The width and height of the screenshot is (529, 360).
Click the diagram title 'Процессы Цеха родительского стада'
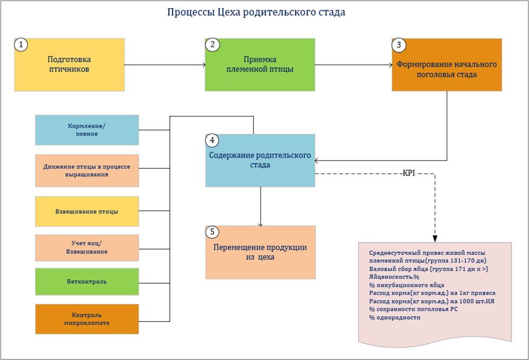click(x=256, y=12)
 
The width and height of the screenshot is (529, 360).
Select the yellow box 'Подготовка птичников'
click(x=69, y=64)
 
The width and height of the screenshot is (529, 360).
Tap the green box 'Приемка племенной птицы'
click(x=260, y=64)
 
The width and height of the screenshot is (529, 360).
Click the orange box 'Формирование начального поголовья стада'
click(x=447, y=69)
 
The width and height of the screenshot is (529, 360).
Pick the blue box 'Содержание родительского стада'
click(x=260, y=160)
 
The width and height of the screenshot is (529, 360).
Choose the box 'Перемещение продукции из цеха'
click(x=260, y=252)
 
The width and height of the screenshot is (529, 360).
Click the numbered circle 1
click(x=21, y=45)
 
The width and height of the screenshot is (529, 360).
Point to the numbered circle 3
click(x=399, y=45)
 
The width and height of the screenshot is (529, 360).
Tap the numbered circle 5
click(x=213, y=232)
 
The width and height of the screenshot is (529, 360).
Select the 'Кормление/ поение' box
click(x=87, y=129)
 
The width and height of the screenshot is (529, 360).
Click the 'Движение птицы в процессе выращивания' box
click(x=87, y=170)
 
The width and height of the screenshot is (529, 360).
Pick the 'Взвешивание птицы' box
click(x=87, y=211)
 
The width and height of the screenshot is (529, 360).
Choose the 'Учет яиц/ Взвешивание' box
click(x=87, y=247)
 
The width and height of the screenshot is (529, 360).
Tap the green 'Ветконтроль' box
click(x=87, y=282)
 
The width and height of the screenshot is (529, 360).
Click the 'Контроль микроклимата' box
click(x=87, y=319)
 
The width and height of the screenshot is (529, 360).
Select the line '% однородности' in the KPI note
click(x=394, y=317)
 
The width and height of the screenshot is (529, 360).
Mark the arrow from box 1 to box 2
click(x=165, y=65)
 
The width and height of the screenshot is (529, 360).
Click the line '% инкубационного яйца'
click(x=406, y=285)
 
